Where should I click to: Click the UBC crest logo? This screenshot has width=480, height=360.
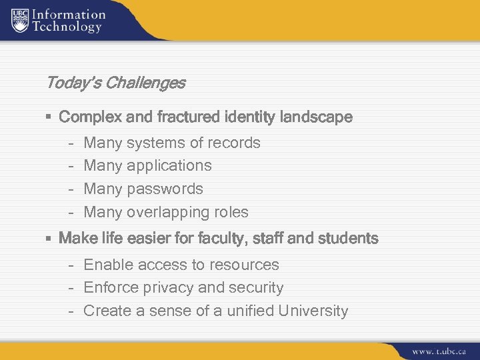(x=20, y=19)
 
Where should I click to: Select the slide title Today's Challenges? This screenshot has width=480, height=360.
(x=115, y=83)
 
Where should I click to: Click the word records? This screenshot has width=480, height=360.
(x=234, y=143)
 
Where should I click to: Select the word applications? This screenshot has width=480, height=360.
(x=169, y=166)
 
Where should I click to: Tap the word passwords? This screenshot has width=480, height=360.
(x=165, y=189)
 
